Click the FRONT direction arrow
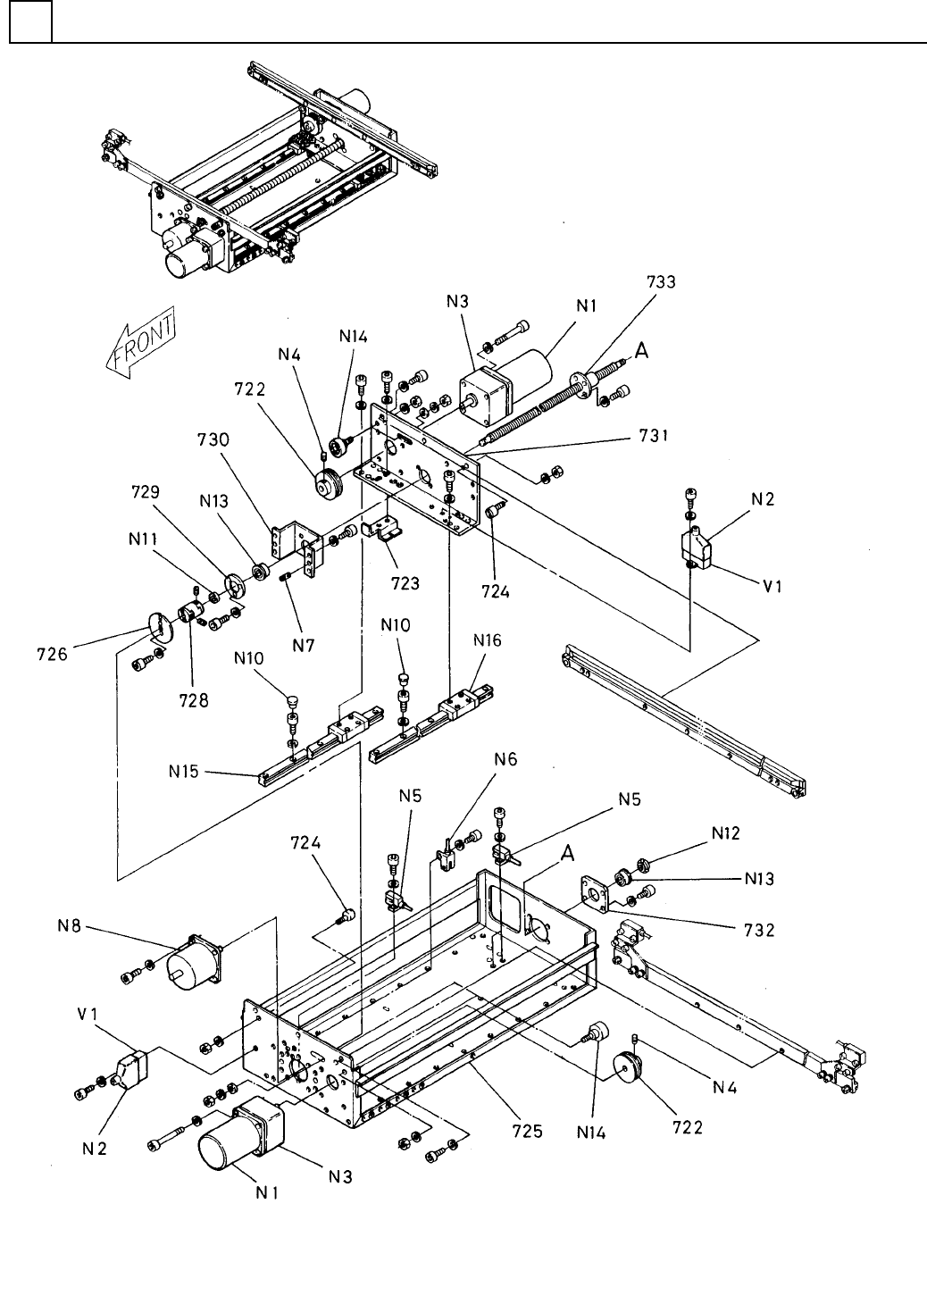click(140, 342)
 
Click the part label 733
click(661, 281)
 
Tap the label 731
click(654, 435)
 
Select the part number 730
click(213, 439)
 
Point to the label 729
click(146, 492)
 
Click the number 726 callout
click(52, 655)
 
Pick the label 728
click(194, 700)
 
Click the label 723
click(405, 583)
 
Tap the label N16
click(488, 640)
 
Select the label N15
click(183, 771)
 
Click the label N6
click(505, 759)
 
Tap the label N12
click(726, 833)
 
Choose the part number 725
click(527, 1131)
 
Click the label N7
click(303, 645)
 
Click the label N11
click(143, 539)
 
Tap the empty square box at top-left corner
click(30, 21)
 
